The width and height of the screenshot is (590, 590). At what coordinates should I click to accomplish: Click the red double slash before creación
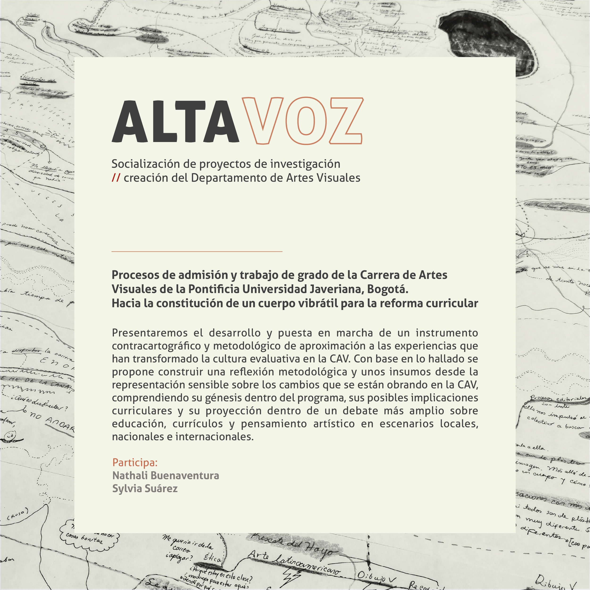coord(116,178)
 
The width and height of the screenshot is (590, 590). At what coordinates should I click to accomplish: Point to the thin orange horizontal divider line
coord(197,251)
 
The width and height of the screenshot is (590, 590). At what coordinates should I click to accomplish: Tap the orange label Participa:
coord(135,462)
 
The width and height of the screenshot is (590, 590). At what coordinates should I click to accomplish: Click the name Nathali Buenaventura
coord(166,476)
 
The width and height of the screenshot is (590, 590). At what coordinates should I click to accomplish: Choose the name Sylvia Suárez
coord(145,489)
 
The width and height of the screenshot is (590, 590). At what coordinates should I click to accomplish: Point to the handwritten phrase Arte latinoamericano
coord(293,562)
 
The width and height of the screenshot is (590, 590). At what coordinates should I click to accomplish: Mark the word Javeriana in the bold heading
coord(337,289)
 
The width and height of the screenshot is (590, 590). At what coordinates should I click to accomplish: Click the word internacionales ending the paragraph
coord(214,437)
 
